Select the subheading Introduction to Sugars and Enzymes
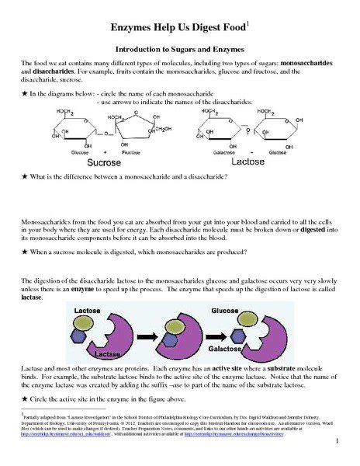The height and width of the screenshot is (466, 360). [x=180, y=49]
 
